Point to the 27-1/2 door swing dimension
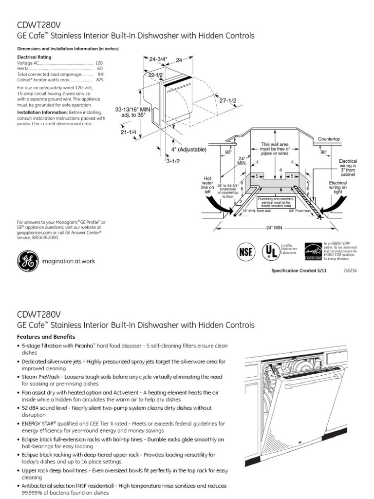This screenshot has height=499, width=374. [x=227, y=100]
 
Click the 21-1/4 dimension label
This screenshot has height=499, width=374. [x=129, y=132]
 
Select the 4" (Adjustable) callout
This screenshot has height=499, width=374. [x=188, y=149]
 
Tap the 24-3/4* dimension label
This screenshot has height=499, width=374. [x=158, y=59]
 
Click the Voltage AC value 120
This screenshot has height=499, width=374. [x=99, y=63]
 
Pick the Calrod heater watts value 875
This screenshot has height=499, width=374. [x=99, y=79]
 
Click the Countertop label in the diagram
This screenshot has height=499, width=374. [x=329, y=139]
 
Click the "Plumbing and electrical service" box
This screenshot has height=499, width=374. [x=276, y=202]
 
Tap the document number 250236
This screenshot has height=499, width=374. [x=350, y=271]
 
